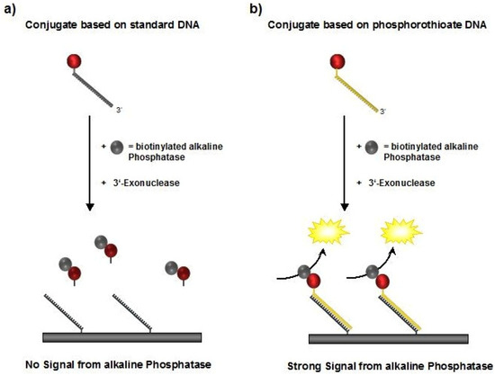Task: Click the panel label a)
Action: coord(10,10)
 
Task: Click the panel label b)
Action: coord(256,10)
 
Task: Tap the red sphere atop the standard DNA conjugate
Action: coord(74,61)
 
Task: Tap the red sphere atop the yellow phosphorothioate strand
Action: coord(337,61)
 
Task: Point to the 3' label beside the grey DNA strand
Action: coord(119,110)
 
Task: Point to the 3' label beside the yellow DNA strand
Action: coord(382,111)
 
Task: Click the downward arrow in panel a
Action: coord(90,163)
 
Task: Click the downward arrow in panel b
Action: coord(345,163)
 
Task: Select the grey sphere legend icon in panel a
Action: coord(116,147)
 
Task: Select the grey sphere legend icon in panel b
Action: coord(371,147)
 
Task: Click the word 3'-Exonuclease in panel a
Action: coord(146,183)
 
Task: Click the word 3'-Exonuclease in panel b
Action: coord(401,183)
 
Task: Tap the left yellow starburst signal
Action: coord(328,232)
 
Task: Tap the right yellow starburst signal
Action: coord(401,232)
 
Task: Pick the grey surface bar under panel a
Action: coord(122,337)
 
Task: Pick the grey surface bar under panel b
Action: coord(389,338)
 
